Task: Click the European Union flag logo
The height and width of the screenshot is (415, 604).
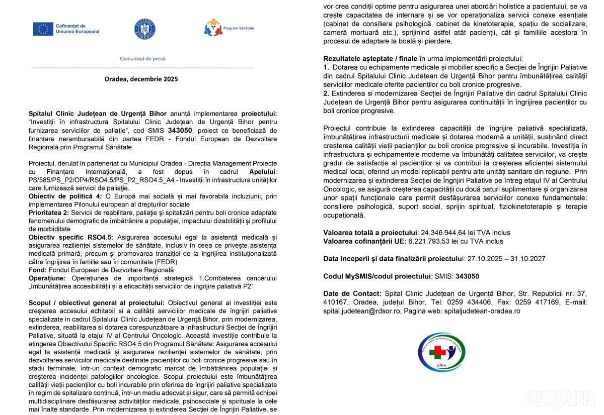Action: (x=43, y=29)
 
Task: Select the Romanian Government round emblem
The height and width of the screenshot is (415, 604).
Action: (x=144, y=29)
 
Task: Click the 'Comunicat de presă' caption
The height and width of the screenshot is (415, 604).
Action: (x=142, y=59)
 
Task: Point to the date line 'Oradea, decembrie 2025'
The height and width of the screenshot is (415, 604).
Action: (x=141, y=79)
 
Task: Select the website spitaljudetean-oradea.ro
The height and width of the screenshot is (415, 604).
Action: (x=482, y=311)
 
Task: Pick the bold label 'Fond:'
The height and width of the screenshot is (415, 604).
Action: (x=38, y=270)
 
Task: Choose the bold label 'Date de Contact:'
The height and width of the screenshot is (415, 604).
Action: (x=352, y=293)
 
